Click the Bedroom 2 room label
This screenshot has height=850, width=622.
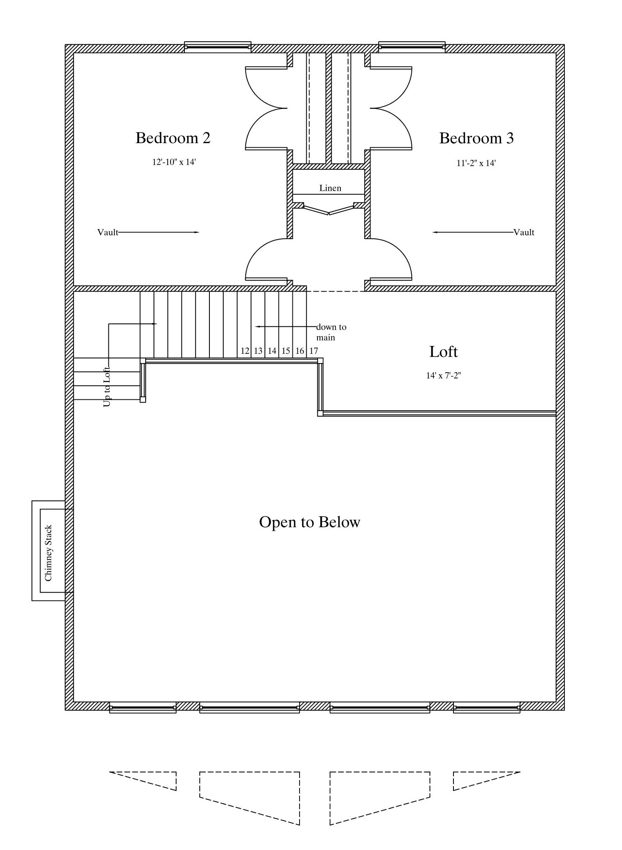click(x=173, y=138)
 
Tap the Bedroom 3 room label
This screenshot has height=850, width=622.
click(x=476, y=138)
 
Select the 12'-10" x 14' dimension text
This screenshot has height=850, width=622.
click(x=174, y=162)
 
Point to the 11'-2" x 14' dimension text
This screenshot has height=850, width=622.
click(x=476, y=163)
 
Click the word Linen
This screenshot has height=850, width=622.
click(x=330, y=188)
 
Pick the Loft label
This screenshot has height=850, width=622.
click(x=443, y=352)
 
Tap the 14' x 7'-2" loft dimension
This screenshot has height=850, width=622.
click(x=443, y=376)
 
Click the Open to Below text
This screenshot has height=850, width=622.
click(x=310, y=522)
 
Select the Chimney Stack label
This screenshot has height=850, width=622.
click(x=48, y=553)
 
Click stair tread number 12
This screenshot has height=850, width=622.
click(x=245, y=351)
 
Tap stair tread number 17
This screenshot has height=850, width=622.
click(x=314, y=351)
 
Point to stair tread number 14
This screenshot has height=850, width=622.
click(x=272, y=351)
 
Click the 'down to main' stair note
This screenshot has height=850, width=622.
click(x=331, y=332)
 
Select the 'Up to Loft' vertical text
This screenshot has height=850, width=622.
click(x=107, y=386)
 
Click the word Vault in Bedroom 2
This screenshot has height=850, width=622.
click(x=108, y=232)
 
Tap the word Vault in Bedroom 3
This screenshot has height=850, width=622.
click(x=524, y=232)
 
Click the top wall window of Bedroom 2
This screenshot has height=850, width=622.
click(x=218, y=47)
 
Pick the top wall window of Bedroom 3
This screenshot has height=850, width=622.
click(x=412, y=47)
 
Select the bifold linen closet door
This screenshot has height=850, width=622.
click(x=329, y=209)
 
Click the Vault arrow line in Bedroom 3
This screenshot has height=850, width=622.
click(x=473, y=232)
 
